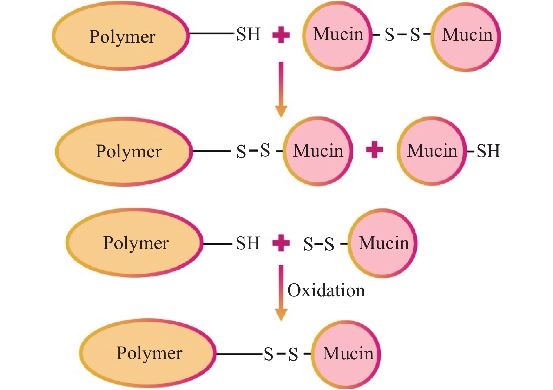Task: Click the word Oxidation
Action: (326, 290)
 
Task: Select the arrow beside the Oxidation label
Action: (281, 293)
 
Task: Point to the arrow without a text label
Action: (281, 89)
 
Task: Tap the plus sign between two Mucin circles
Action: (374, 150)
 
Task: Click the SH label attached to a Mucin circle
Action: (488, 151)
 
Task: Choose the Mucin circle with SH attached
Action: (432, 151)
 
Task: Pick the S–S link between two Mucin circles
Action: (402, 34)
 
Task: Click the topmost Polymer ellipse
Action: (121, 36)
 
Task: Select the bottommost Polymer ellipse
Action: (148, 353)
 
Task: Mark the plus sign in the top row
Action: (281, 35)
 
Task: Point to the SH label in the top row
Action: (248, 34)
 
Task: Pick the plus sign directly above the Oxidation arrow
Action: (281, 243)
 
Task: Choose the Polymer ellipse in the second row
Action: (124, 152)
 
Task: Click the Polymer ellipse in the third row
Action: (135, 243)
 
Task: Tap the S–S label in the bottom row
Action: (281, 354)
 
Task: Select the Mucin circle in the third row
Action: (383, 243)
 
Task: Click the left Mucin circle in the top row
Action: (337, 35)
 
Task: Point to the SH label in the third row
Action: (248, 243)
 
